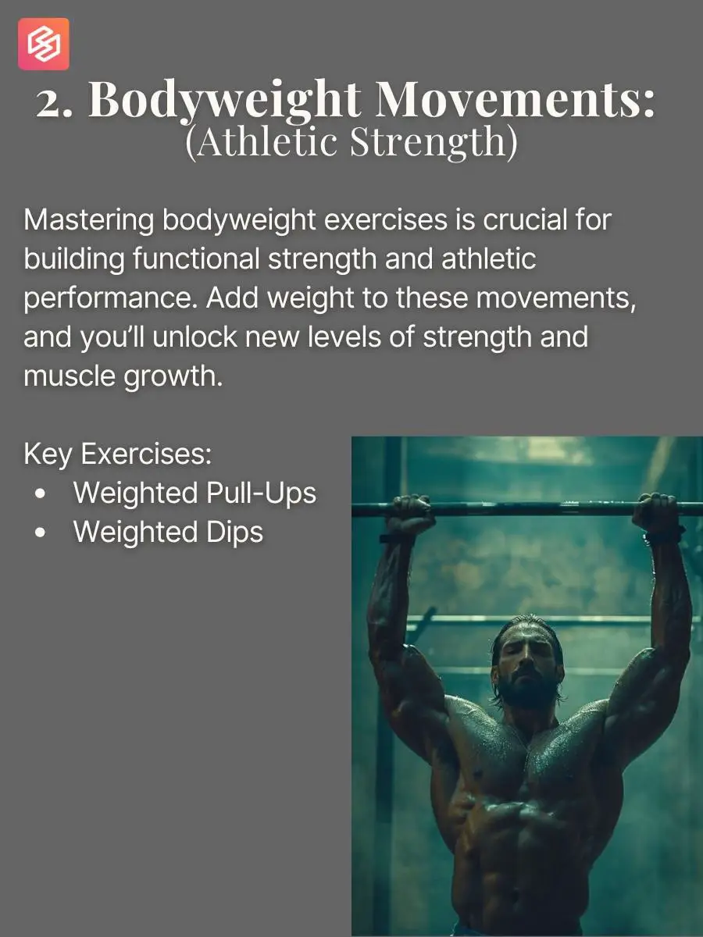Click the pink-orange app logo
(x=44, y=44)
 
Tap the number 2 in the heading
(x=51, y=105)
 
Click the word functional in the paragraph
(x=196, y=258)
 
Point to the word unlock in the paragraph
(x=194, y=337)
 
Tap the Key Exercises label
(x=118, y=454)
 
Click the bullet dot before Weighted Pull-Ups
(x=41, y=494)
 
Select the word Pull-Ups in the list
(x=261, y=494)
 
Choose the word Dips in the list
(x=234, y=533)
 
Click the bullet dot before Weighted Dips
(x=41, y=533)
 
